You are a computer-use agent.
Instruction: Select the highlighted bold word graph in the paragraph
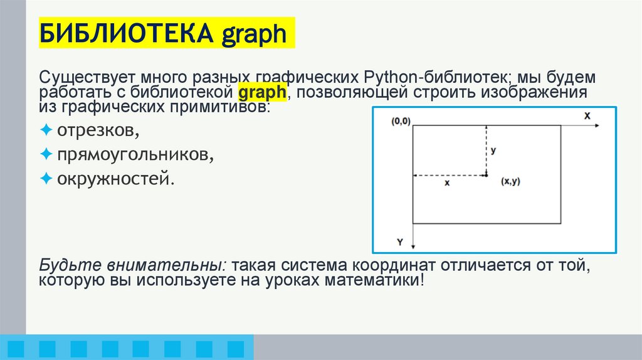(x=262, y=93)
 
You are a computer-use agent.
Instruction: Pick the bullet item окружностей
(x=116, y=178)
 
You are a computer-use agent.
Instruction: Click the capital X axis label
(x=587, y=116)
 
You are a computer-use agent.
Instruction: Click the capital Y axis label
(x=399, y=241)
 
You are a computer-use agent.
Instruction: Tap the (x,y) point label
(x=510, y=182)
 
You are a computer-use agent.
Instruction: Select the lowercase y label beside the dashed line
(x=494, y=151)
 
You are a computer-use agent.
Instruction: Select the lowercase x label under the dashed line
(x=447, y=183)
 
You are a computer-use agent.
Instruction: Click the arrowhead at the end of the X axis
(x=597, y=126)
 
